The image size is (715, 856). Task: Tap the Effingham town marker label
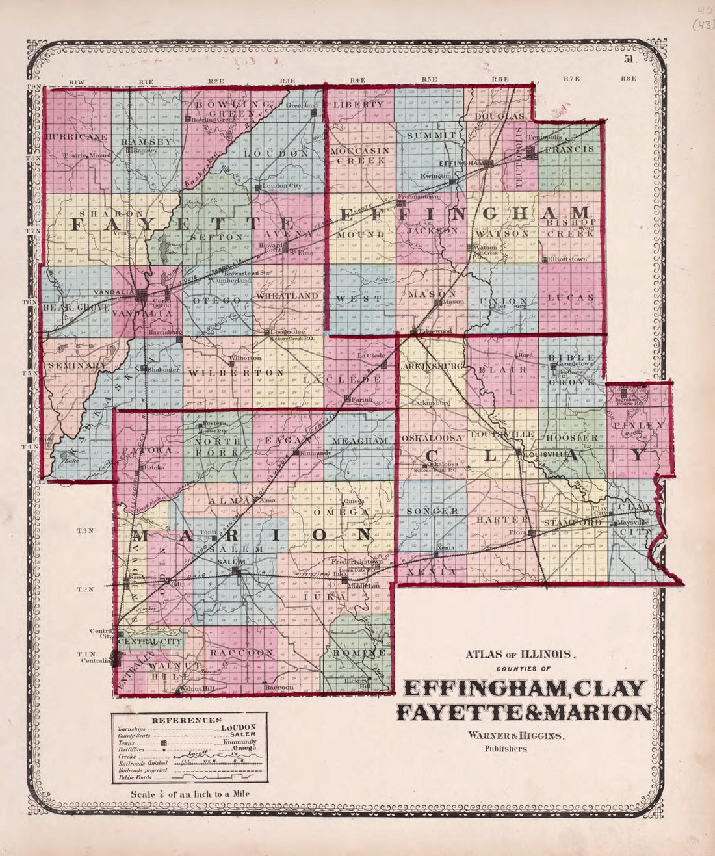[463, 162]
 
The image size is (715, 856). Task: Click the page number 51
[629, 59]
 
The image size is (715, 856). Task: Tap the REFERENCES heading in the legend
[186, 720]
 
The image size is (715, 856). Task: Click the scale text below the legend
[190, 794]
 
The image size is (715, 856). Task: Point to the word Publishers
[505, 748]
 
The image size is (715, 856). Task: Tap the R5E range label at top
[428, 79]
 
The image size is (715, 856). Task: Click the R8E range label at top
[628, 79]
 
